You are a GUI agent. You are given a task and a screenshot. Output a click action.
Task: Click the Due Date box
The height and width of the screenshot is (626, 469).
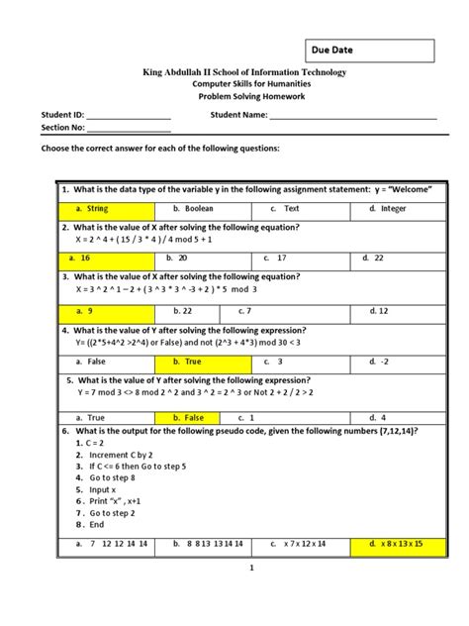[x=366, y=51]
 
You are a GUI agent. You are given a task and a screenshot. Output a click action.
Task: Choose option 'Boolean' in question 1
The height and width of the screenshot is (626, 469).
[x=195, y=209]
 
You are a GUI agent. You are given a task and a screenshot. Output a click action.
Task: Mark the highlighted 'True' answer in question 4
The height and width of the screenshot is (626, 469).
[x=195, y=363]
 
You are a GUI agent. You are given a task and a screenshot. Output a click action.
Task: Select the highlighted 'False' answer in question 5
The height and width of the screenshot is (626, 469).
[x=195, y=418]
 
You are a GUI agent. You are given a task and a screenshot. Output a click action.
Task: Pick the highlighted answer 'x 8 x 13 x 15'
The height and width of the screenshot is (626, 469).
[x=393, y=544]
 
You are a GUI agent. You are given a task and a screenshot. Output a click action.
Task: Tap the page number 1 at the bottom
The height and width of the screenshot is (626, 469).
[x=252, y=568]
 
